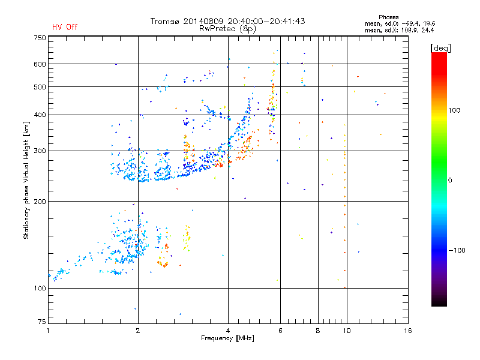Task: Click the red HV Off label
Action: pos(65,27)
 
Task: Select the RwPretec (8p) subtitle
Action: pos(227,29)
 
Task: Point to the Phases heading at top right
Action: pos(388,17)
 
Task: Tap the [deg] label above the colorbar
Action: pos(440,48)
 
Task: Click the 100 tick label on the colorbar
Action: pos(454,110)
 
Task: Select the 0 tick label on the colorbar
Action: pos(450,180)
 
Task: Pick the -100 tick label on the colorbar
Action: pos(457,250)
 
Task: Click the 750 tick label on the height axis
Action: pos(40,38)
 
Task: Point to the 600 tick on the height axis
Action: pos(40,64)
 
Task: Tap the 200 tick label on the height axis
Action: pos(40,202)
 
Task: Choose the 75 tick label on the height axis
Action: pos(42,322)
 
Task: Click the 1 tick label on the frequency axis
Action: pos(48,331)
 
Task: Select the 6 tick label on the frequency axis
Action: pos(280,331)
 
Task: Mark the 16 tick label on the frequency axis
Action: pos(408,331)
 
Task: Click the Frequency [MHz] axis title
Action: pos(227,338)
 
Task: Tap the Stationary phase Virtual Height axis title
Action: pos(26,181)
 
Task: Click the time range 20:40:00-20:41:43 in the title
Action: pos(266,21)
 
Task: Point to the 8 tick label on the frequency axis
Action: pos(318,331)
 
